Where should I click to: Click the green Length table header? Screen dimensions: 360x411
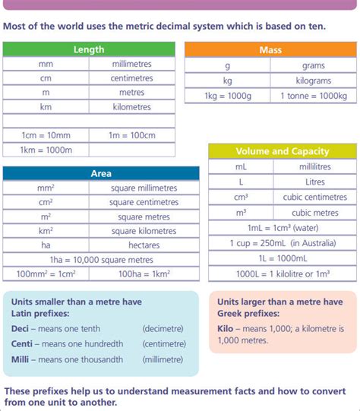[x=89, y=49]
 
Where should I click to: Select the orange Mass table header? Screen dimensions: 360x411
[x=270, y=49]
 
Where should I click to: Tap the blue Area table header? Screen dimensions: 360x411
[x=101, y=174]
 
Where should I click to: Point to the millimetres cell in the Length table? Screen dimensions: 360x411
[x=132, y=64]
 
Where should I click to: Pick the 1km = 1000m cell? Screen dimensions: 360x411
[x=46, y=150]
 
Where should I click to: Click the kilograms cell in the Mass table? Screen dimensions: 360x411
[x=314, y=81]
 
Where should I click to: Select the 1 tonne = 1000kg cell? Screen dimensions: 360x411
[x=314, y=96]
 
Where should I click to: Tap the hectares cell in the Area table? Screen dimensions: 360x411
[x=144, y=245]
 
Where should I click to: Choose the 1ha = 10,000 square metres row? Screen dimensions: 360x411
[x=101, y=260]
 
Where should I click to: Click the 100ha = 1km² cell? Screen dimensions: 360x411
[x=144, y=274]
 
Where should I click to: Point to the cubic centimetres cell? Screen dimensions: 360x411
[x=314, y=198]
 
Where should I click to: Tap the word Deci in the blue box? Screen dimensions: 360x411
[x=21, y=329]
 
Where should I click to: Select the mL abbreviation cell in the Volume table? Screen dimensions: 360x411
[x=241, y=166]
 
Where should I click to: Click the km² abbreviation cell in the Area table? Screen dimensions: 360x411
[x=46, y=231]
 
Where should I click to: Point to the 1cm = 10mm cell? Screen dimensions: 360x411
[x=46, y=134]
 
